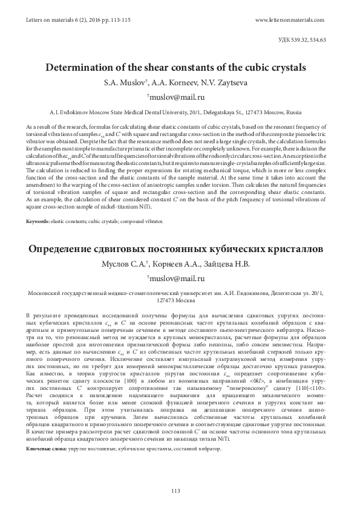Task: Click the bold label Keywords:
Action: click(x=38, y=222)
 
